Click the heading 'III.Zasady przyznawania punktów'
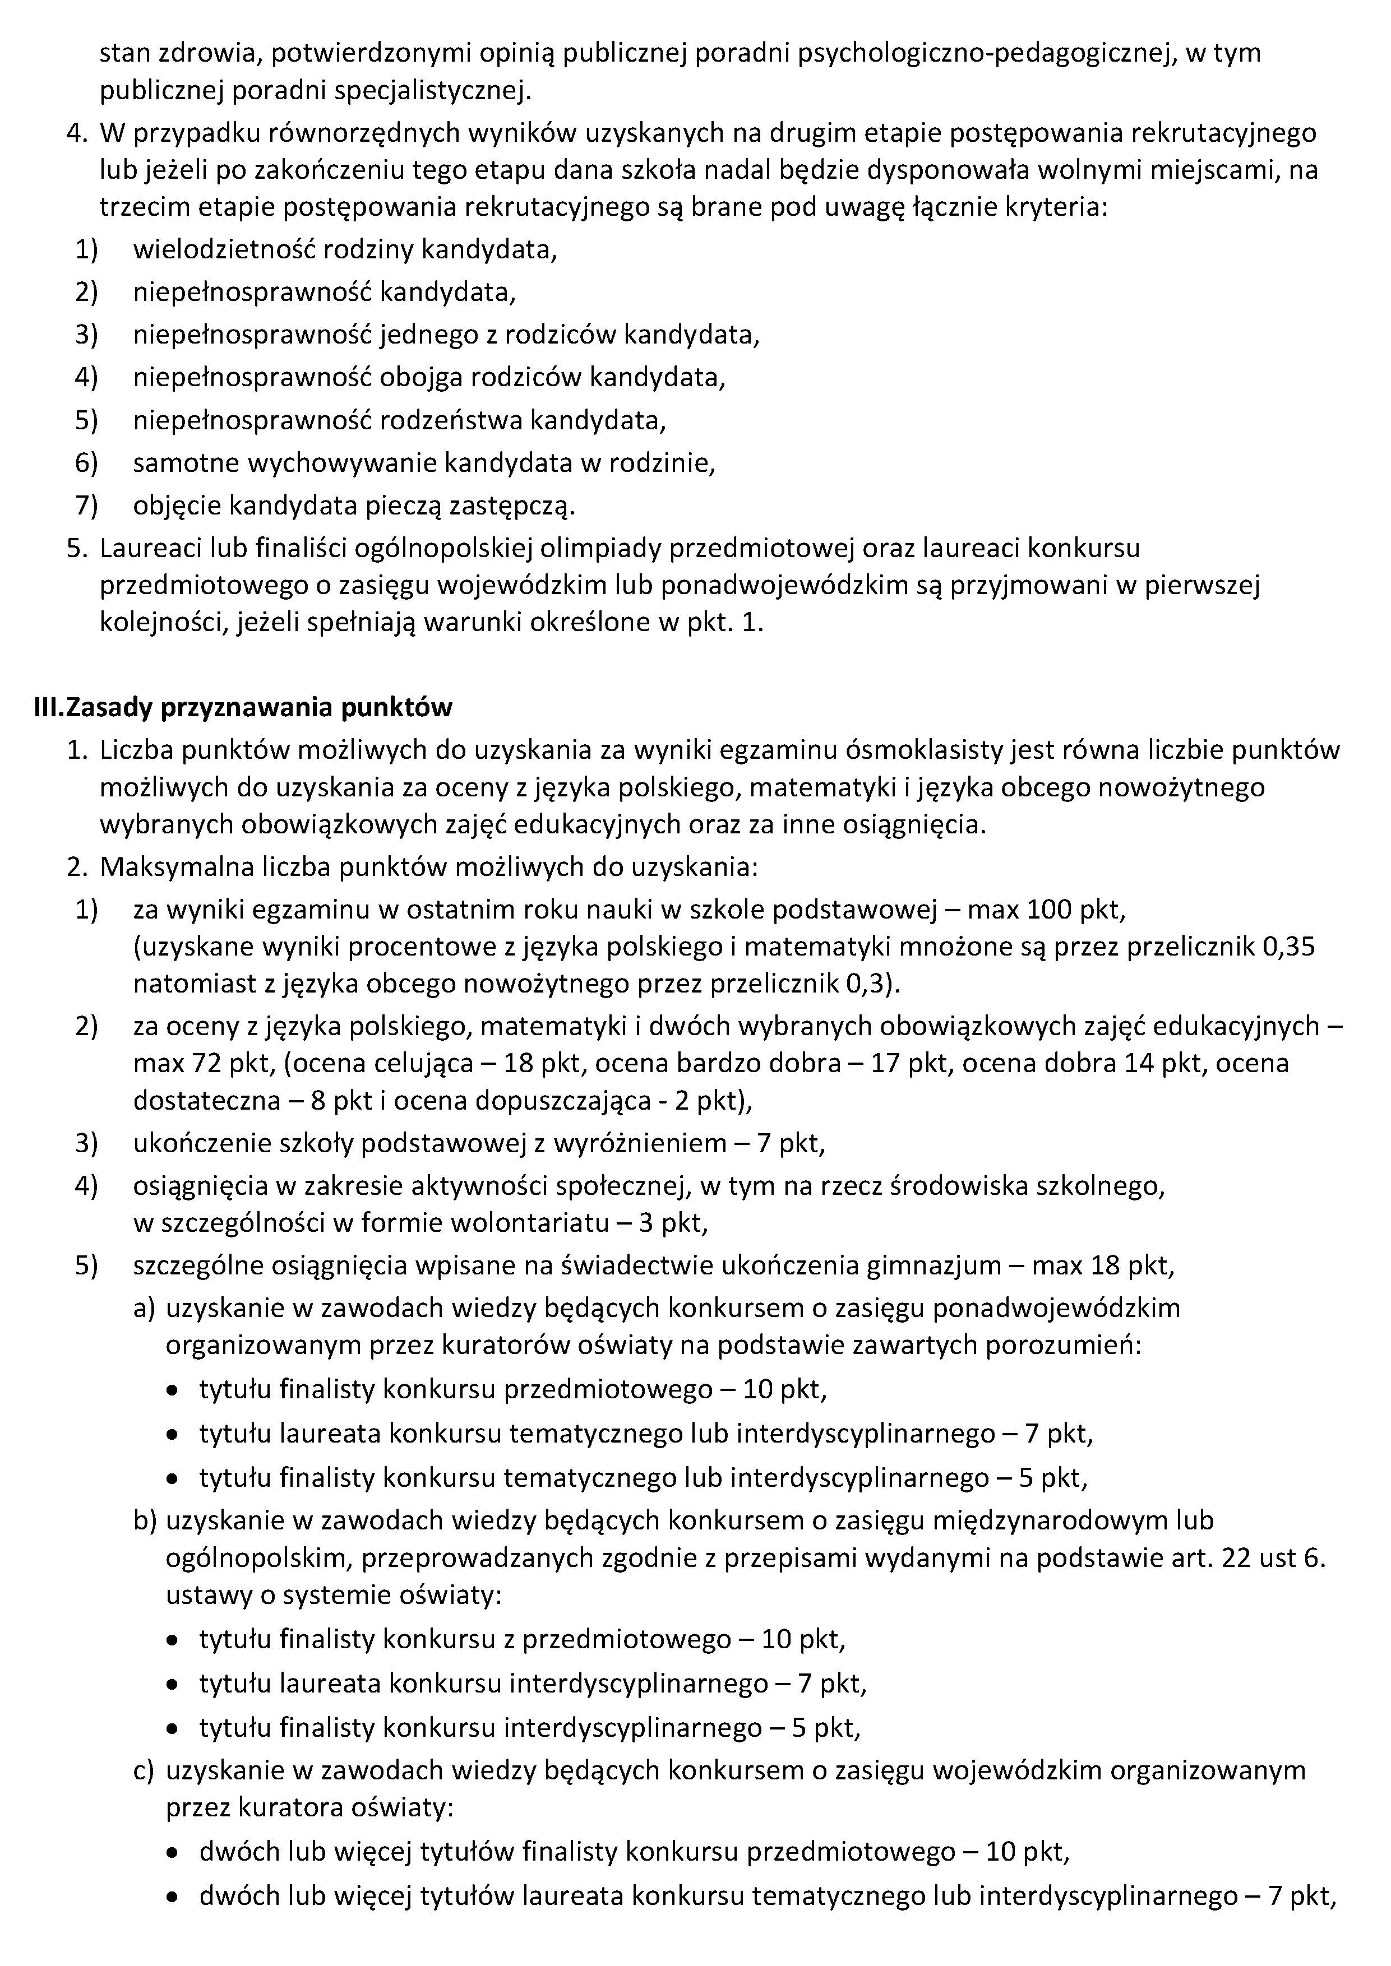(x=242, y=707)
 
